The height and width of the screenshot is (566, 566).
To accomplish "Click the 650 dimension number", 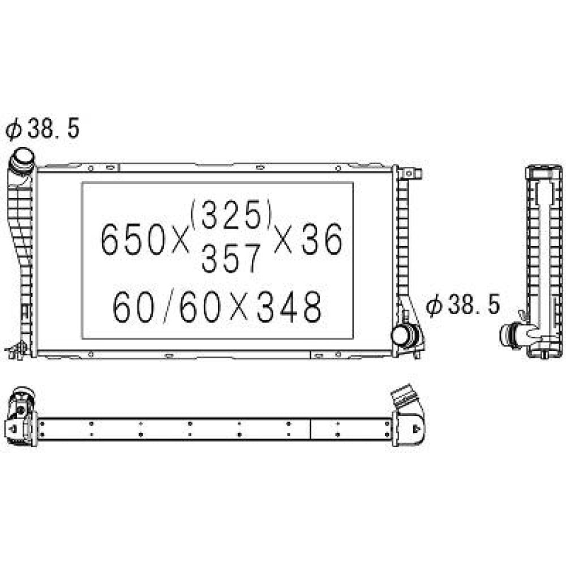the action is pyautogui.click(x=132, y=239).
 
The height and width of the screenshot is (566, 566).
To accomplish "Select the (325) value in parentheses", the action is pyautogui.click(x=231, y=215).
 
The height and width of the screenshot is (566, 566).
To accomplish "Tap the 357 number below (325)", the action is pyautogui.click(x=231, y=258).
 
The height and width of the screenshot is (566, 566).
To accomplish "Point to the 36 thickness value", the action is pyautogui.click(x=321, y=239).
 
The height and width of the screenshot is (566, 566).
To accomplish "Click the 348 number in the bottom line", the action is pyautogui.click(x=289, y=307).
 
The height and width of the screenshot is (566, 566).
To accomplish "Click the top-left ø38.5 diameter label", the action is pyautogui.click(x=42, y=128).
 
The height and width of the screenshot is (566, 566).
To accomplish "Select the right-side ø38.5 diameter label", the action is pyautogui.click(x=463, y=305).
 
